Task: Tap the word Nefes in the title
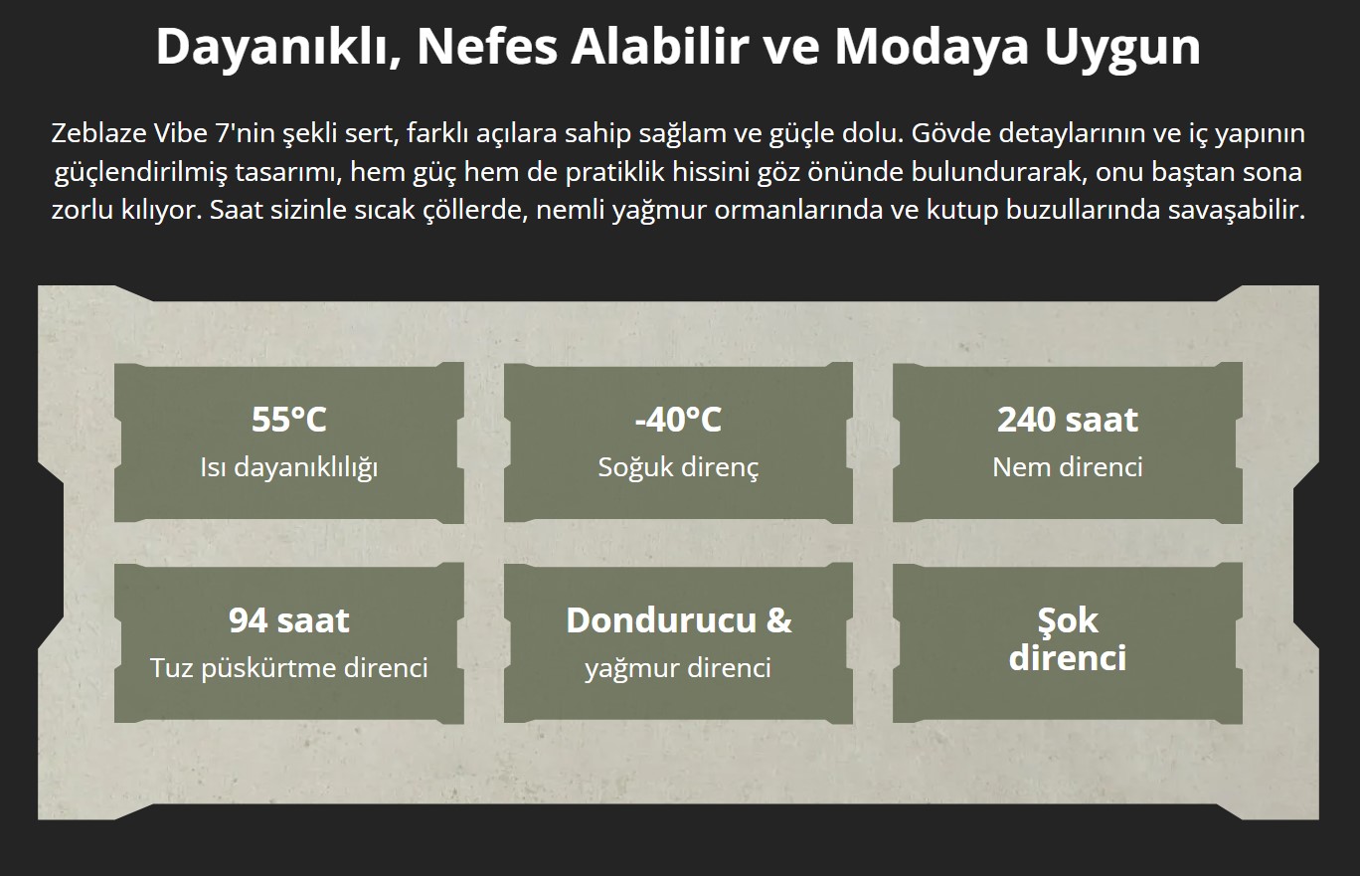(x=487, y=46)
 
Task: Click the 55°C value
(x=289, y=419)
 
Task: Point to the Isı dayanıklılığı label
(x=289, y=468)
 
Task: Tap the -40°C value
(x=678, y=419)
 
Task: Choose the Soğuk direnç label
(x=678, y=468)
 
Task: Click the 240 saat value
(x=1068, y=419)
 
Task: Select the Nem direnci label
(x=1068, y=467)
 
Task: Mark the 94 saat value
(x=289, y=619)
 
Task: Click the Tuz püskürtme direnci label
(x=289, y=669)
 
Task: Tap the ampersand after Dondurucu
(x=779, y=619)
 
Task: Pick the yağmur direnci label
(x=678, y=669)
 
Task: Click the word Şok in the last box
(x=1068, y=620)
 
